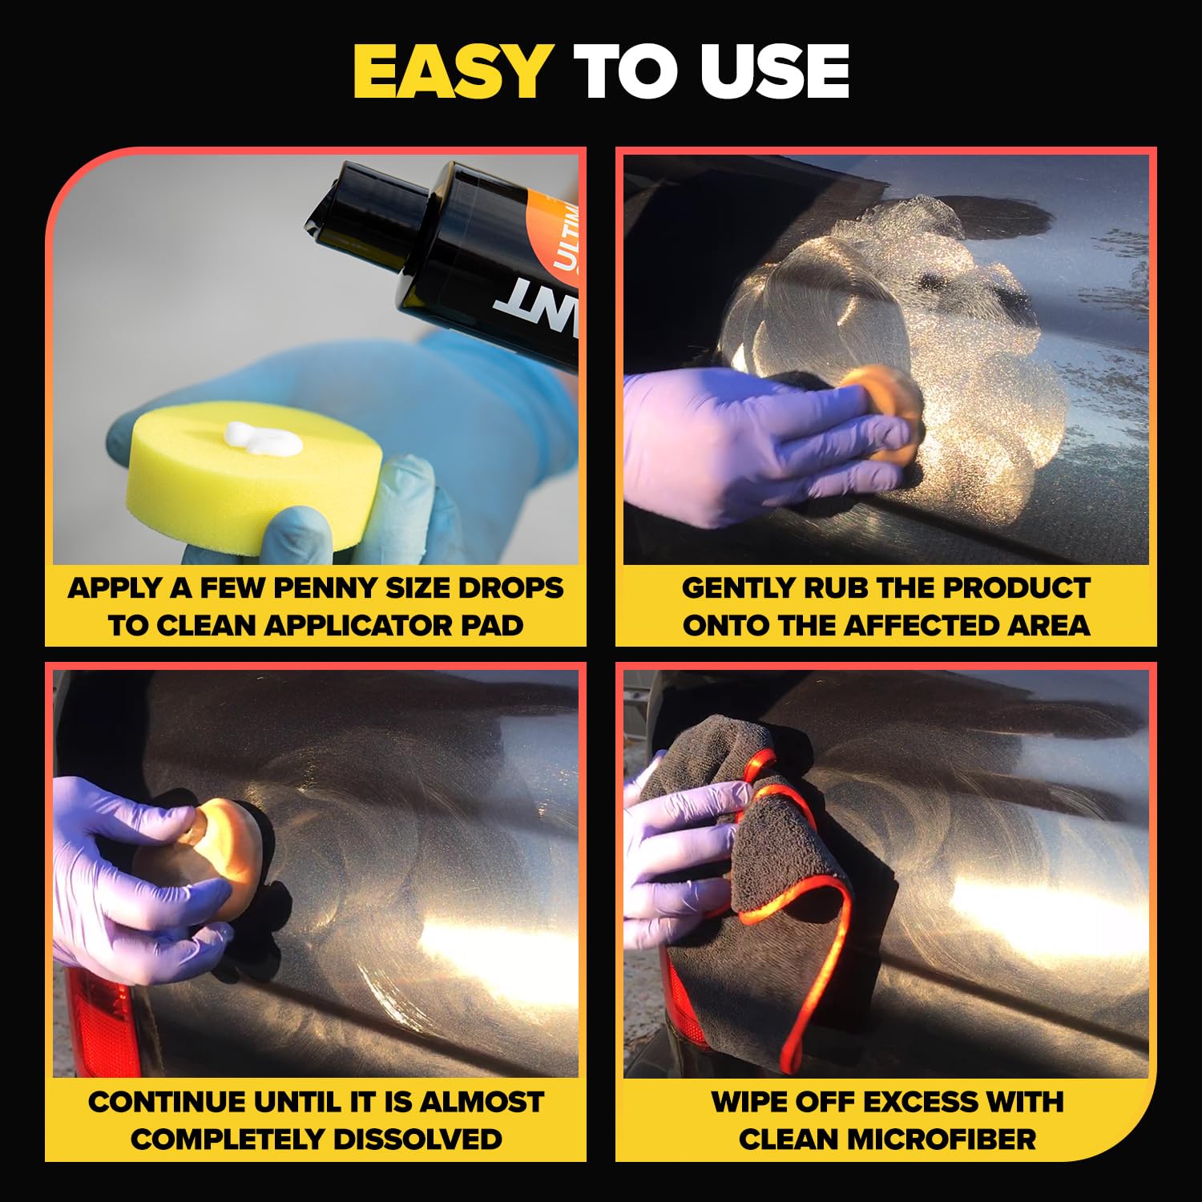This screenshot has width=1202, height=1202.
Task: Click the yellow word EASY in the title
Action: tap(451, 72)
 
